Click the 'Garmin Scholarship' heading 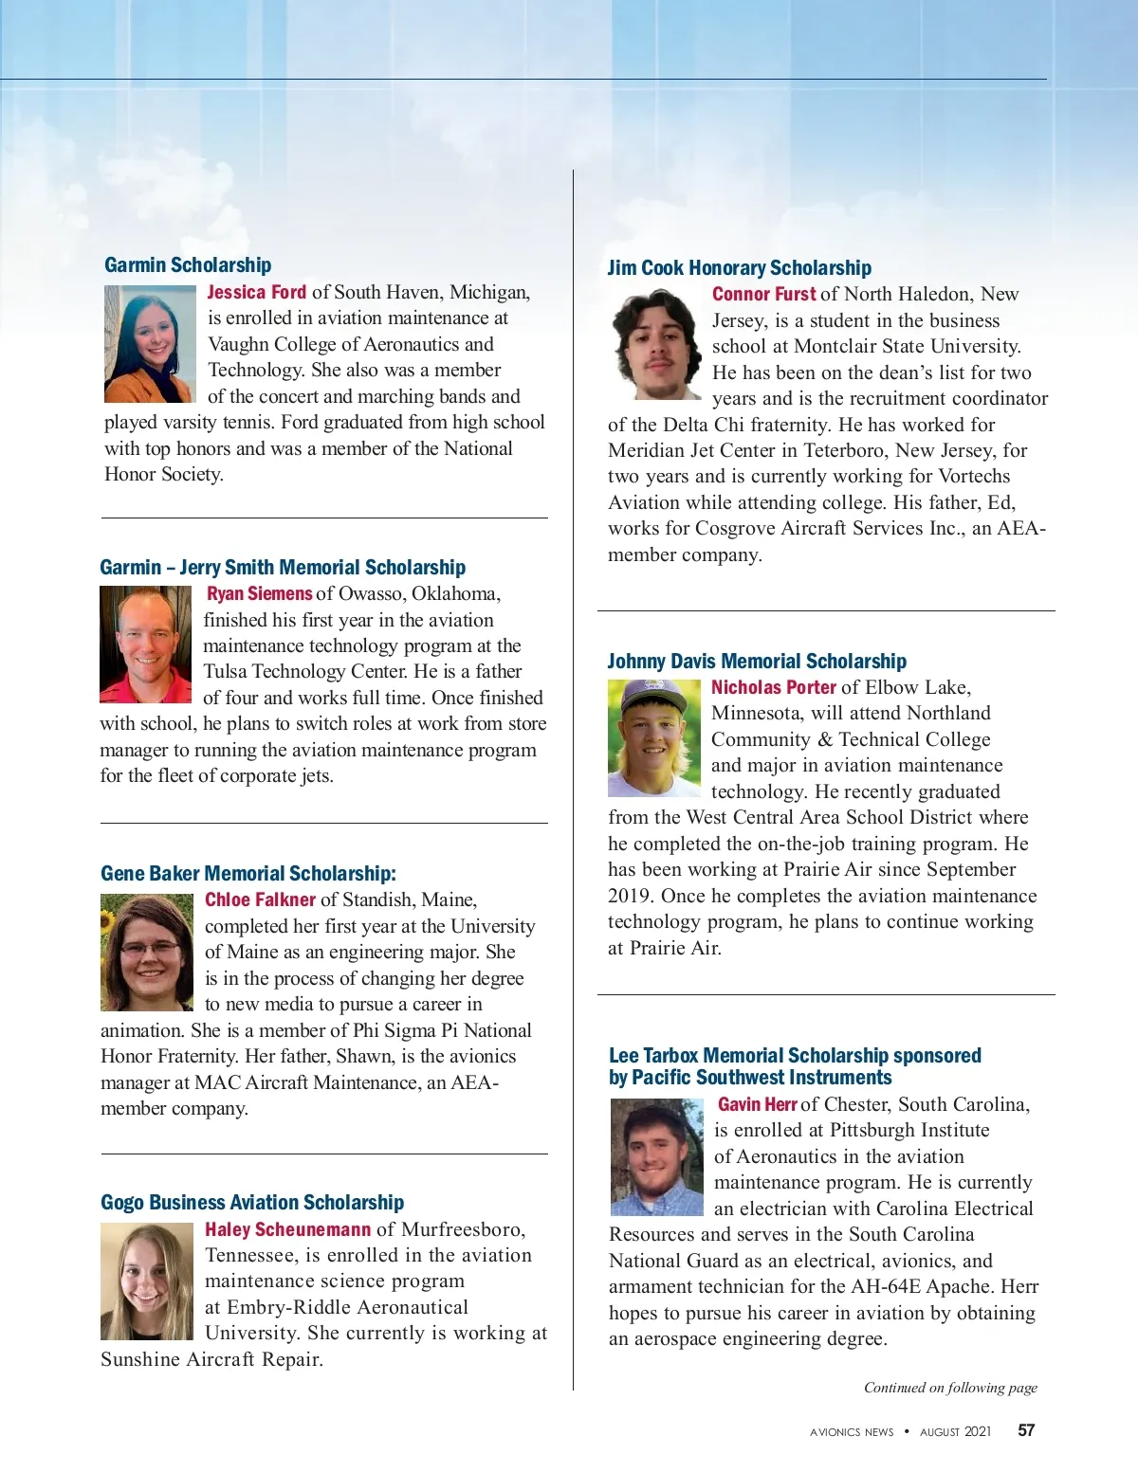(188, 265)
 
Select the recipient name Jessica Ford (257, 293)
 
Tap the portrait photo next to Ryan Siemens (146, 645)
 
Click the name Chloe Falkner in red (260, 900)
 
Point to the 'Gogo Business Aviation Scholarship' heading (252, 1203)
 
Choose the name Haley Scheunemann (287, 1229)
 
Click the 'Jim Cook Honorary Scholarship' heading (740, 268)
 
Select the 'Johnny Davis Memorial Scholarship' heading (757, 662)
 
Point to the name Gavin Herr (757, 1104)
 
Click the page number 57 (1026, 1431)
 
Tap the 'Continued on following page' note (950, 1388)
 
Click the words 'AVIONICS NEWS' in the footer (852, 1432)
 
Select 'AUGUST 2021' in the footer (955, 1432)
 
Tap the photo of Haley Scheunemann (147, 1281)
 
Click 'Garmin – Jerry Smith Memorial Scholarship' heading (283, 568)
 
